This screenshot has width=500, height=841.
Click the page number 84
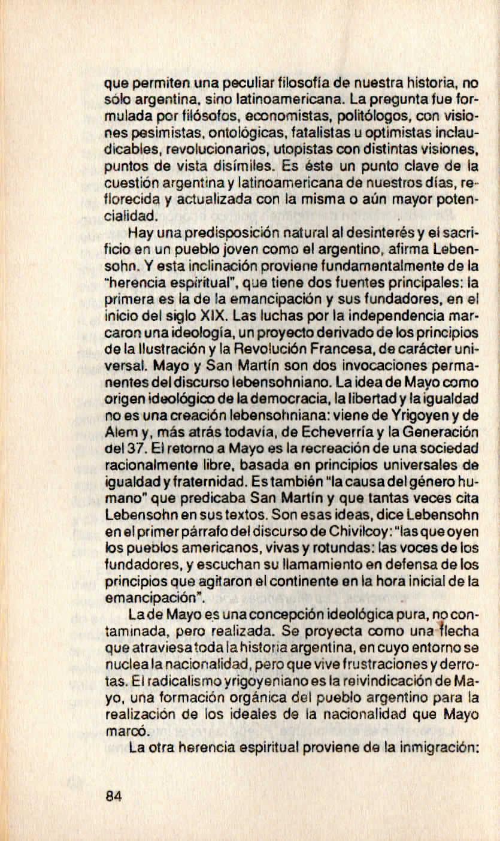(x=113, y=795)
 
